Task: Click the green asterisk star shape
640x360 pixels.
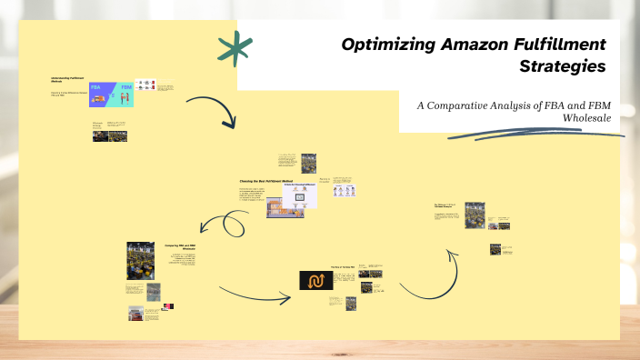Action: click(x=235, y=50)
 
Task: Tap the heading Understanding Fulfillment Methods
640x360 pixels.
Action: click(x=67, y=80)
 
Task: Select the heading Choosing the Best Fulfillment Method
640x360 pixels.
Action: click(x=265, y=182)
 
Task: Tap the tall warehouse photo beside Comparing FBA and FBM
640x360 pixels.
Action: click(x=139, y=260)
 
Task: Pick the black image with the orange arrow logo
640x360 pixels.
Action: click(x=318, y=280)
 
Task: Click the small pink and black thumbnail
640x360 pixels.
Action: click(x=168, y=306)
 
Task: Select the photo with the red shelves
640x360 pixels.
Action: click(x=135, y=313)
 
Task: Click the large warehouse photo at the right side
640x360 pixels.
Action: click(x=475, y=215)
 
